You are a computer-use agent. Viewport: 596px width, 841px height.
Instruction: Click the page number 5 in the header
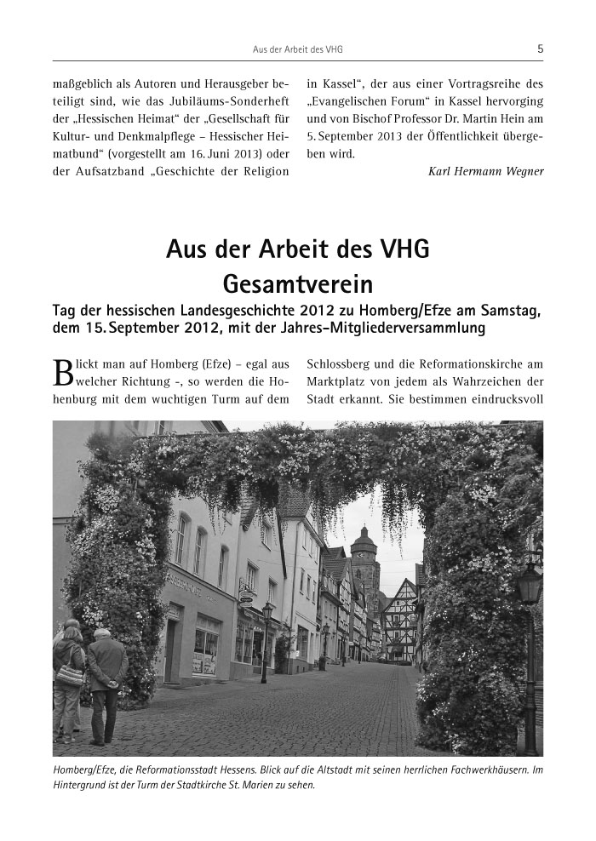pos(540,49)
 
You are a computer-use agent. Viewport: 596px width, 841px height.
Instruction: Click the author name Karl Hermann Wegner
pos(485,171)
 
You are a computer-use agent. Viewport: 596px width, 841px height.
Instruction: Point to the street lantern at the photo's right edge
pos(530,587)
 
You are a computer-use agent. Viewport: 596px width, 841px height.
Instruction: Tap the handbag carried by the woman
pos(70,675)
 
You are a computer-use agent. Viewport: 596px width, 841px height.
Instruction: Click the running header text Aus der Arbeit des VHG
pos(298,49)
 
